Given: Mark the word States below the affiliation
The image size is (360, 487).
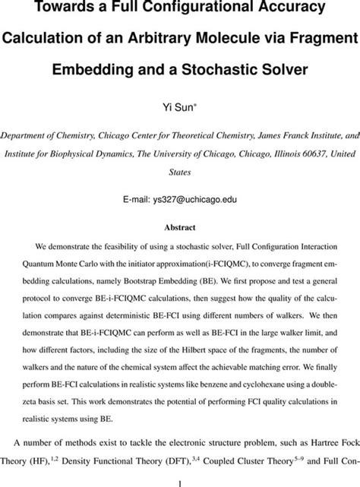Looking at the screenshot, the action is (180, 172).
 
